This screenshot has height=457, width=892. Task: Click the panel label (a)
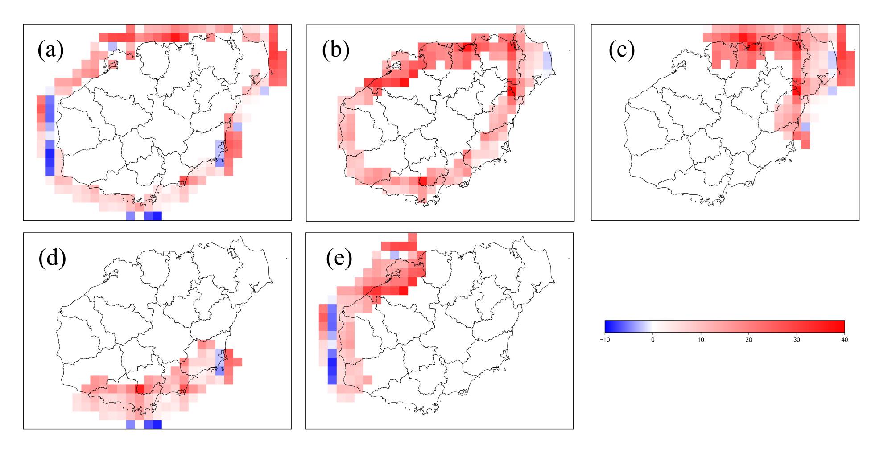pyautogui.click(x=50, y=50)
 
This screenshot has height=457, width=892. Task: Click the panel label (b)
pyautogui.click(x=335, y=50)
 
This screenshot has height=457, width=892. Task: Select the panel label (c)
pyautogui.click(x=622, y=50)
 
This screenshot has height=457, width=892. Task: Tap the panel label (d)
pyautogui.click(x=52, y=258)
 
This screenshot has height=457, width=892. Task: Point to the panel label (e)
pyautogui.click(x=339, y=258)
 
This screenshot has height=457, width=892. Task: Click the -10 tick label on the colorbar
pyautogui.click(x=605, y=340)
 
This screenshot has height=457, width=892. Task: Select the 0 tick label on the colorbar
pyautogui.click(x=653, y=340)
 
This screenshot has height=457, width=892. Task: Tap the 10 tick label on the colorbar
pyautogui.click(x=701, y=340)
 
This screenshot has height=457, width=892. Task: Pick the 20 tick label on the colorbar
pyautogui.click(x=749, y=340)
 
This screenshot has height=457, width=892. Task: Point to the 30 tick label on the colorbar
pyautogui.click(x=797, y=340)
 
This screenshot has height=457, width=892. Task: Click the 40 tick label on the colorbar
pyautogui.click(x=844, y=340)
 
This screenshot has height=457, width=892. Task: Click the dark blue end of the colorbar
pyautogui.click(x=607, y=327)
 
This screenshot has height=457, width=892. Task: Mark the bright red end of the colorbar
pyautogui.click(x=842, y=327)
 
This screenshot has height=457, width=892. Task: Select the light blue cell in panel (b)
pyautogui.click(x=547, y=60)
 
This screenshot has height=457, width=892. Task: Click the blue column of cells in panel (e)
pyautogui.click(x=332, y=343)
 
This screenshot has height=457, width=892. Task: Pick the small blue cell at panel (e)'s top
pyautogui.click(x=394, y=255)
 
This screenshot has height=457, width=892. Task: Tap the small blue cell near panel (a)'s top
pyautogui.click(x=112, y=46)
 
